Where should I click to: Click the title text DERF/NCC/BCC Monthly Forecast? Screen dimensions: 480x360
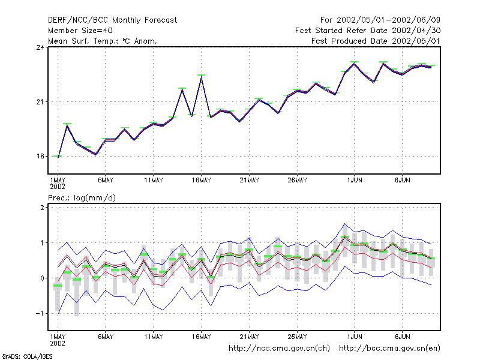coord(112,20)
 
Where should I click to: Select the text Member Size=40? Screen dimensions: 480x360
coord(80,31)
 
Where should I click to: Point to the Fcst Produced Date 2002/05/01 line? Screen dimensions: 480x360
coord(376,41)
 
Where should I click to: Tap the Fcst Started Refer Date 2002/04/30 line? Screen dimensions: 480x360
coord(368,31)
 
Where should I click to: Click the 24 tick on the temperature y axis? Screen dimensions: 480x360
coord(40,47)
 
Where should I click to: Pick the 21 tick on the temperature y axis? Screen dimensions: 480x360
coord(40,102)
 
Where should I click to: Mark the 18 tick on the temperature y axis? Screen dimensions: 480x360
coord(40,157)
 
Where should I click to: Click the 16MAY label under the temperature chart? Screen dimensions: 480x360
coord(202,181)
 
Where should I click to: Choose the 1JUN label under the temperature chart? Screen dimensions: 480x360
coord(355,181)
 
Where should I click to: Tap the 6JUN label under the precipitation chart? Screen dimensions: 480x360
coord(402,337)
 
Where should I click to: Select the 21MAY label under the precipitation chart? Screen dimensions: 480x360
coord(249,337)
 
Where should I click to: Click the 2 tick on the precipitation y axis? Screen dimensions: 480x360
coord(42,208)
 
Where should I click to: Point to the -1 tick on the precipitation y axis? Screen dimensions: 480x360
coord(40,314)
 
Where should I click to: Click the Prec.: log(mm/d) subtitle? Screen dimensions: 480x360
coord(82,198)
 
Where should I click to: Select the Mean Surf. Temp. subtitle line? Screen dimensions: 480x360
coord(103,41)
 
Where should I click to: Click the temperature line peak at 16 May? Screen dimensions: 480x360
coord(201,77)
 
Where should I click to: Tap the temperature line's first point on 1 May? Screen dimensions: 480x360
coord(58,157)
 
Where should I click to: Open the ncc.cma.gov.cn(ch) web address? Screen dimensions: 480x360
coord(279,349)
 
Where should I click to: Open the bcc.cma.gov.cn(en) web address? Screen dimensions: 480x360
coord(389,349)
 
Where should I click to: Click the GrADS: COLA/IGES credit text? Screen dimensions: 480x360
coord(27,356)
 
